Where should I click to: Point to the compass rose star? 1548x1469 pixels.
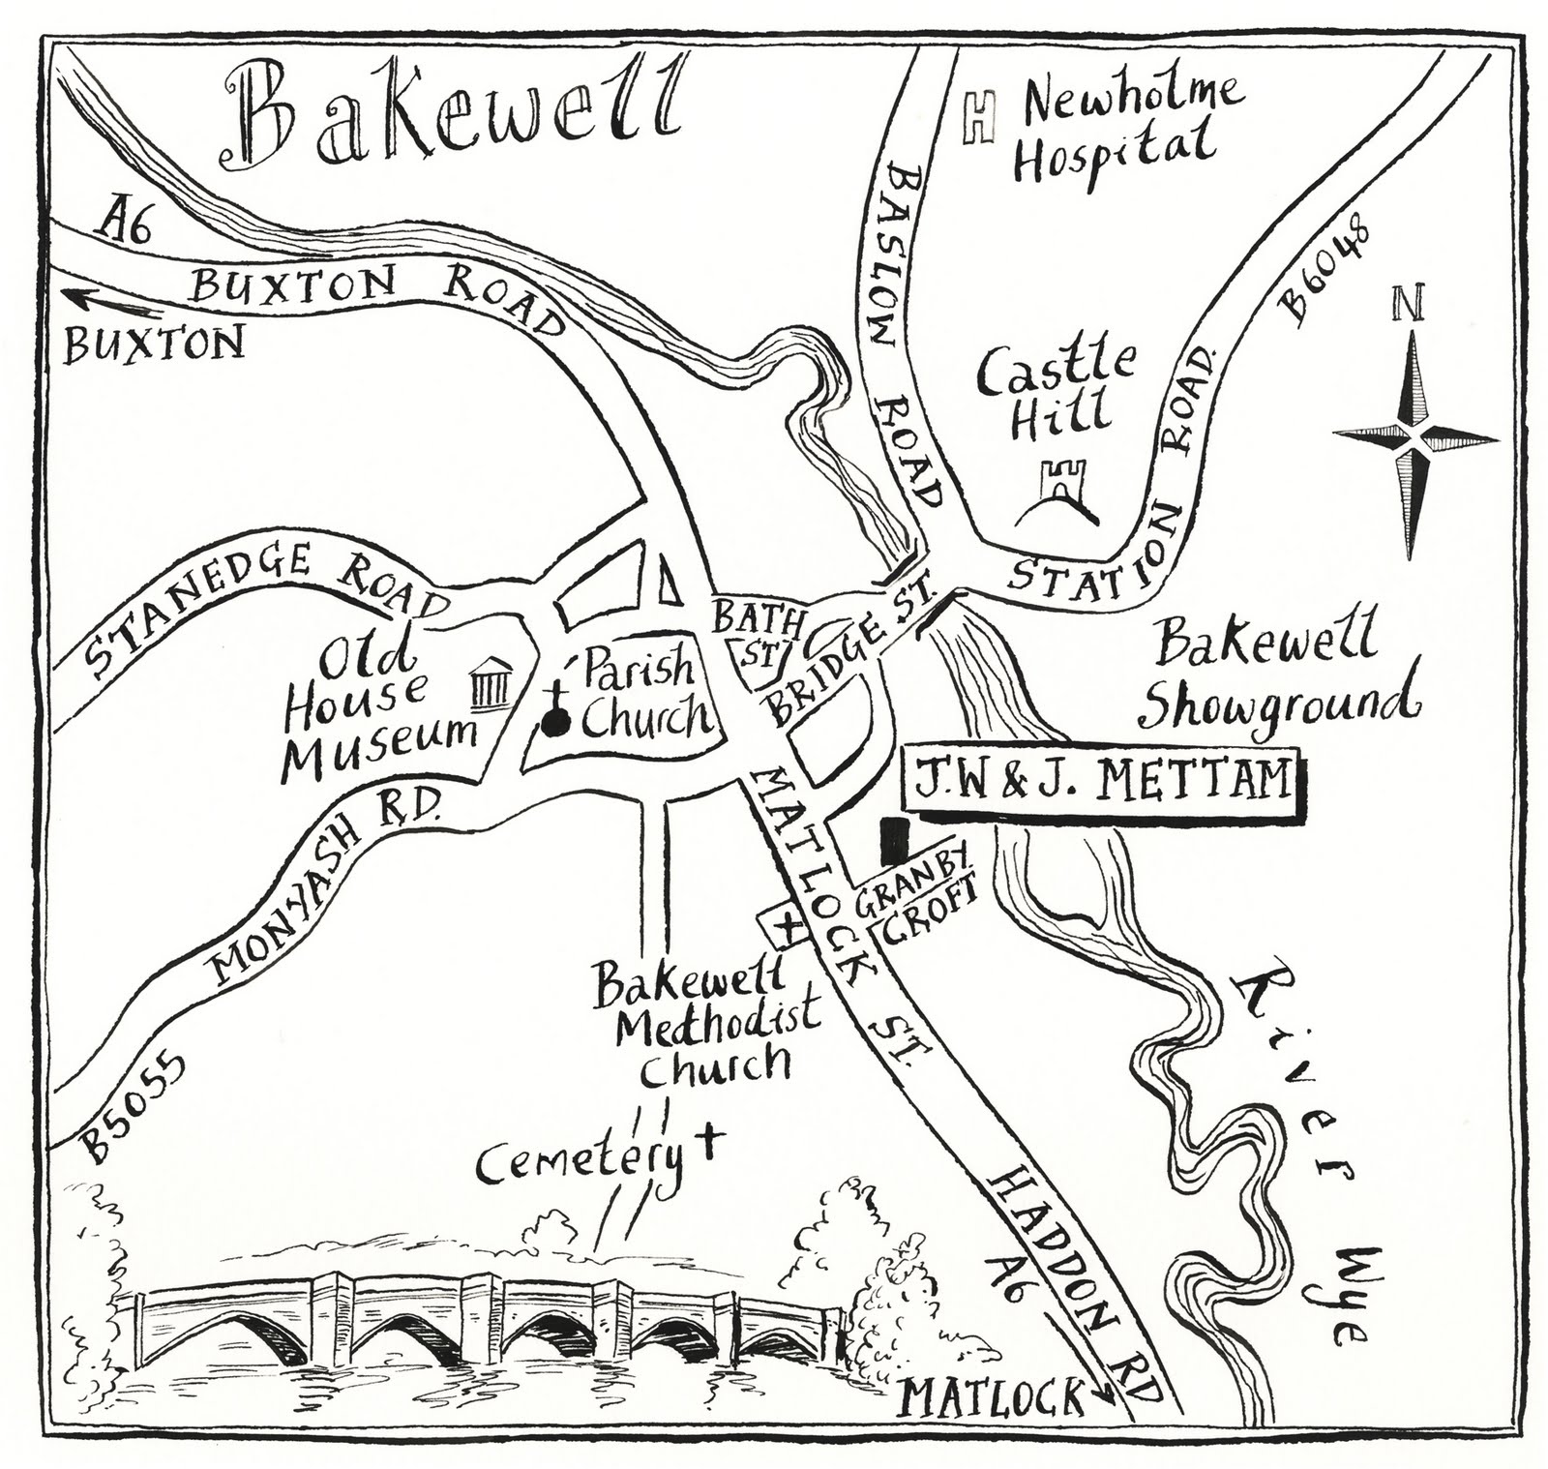pos(1414,437)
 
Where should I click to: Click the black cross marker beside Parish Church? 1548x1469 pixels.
pos(555,714)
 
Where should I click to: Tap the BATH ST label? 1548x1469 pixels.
pos(755,634)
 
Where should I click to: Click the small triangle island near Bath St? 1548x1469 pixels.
pos(666,586)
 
